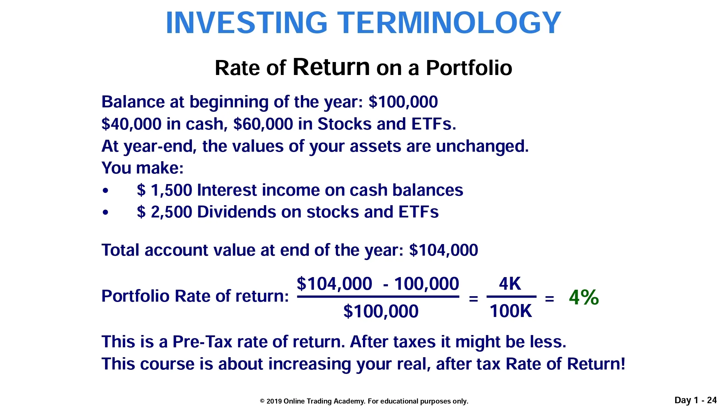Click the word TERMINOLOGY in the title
(x=449, y=22)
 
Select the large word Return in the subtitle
(x=331, y=67)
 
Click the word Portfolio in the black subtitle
(x=469, y=68)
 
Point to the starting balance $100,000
(x=403, y=102)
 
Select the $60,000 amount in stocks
(x=263, y=124)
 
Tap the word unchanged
(x=482, y=146)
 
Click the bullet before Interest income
(x=106, y=191)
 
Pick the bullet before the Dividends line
(x=106, y=212)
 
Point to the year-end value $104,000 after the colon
(x=443, y=250)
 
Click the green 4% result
(x=584, y=297)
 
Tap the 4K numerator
(x=510, y=284)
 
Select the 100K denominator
(x=511, y=311)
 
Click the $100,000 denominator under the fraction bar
(x=381, y=311)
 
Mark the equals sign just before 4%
(x=549, y=299)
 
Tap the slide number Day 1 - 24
(x=696, y=400)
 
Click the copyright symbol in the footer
(x=262, y=401)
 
